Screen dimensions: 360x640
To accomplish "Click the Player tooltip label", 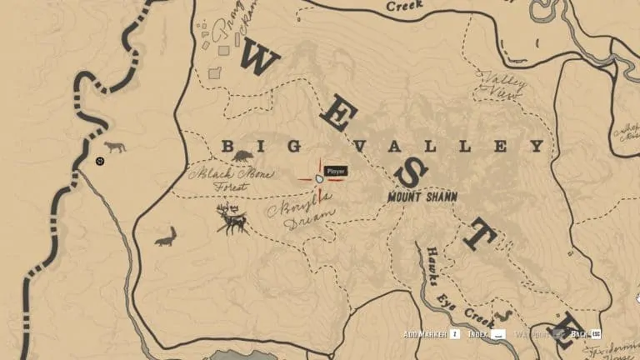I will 336,171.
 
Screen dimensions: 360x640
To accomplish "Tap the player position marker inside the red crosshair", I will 319,178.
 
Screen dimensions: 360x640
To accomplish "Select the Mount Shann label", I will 422,197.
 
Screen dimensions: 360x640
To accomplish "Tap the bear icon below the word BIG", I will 243,156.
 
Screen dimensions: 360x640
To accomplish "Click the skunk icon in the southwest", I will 166,237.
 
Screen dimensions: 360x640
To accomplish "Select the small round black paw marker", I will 100,160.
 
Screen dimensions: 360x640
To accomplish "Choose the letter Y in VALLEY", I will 537,147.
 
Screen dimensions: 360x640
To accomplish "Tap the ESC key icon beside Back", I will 596,334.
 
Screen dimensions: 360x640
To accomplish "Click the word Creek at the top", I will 404,5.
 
